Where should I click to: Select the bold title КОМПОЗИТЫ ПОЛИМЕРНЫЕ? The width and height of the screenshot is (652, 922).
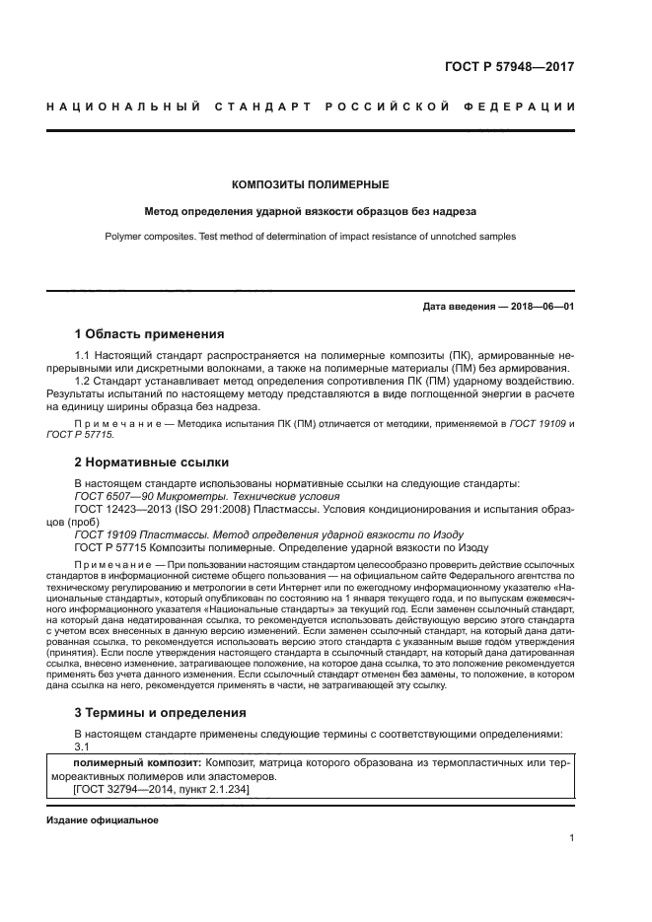(x=310, y=184)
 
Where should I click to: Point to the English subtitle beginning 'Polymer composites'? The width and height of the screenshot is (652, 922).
(x=310, y=237)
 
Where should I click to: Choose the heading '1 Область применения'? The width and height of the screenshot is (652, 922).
(x=150, y=334)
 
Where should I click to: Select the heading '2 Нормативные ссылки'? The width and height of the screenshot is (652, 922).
(x=152, y=461)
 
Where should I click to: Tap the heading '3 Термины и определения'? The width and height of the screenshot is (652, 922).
(x=161, y=712)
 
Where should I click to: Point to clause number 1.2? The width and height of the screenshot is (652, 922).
(x=85, y=380)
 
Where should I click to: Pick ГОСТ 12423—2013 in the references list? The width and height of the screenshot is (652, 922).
(x=111, y=510)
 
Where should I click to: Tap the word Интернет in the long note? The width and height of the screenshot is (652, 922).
(x=363, y=587)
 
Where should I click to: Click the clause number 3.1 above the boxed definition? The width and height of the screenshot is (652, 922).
(x=83, y=746)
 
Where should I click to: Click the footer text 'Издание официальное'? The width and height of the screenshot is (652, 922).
(x=103, y=820)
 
